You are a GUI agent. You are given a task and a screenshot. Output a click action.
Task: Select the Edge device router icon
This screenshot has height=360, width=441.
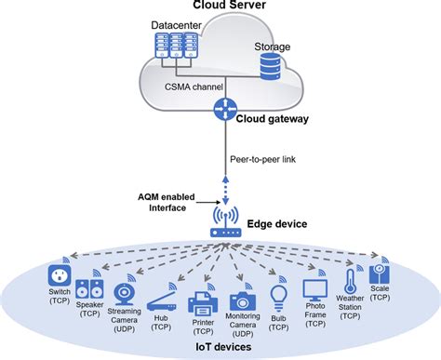coord(222,223)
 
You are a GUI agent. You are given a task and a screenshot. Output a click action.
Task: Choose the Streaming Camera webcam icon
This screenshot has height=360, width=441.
coord(125,295)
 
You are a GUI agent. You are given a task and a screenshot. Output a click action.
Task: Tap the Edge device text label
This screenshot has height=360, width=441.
coord(279,223)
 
